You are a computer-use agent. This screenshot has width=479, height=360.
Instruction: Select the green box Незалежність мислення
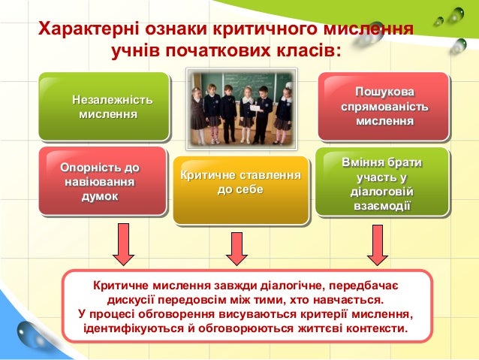coord(104,107)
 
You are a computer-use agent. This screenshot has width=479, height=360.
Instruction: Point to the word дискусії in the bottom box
coord(136,300)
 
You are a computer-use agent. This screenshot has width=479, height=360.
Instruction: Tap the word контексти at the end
coord(376,329)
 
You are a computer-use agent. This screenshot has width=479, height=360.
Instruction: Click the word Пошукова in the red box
coord(384,92)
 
